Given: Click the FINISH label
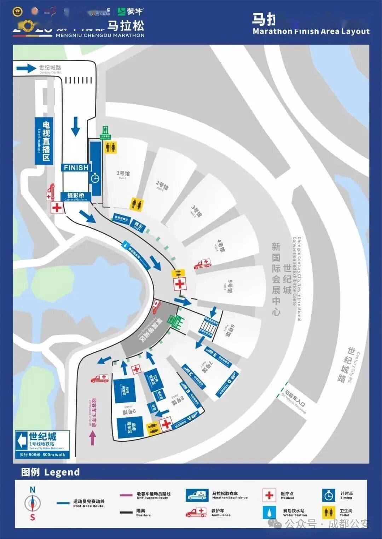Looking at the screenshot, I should (76, 168).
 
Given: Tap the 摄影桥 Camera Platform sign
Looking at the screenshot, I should (76, 197).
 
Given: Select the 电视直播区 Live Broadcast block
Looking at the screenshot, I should (44, 141).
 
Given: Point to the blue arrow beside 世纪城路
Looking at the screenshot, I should (27, 68).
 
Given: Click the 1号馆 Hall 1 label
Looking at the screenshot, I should (123, 174).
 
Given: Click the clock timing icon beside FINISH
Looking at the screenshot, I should (95, 178).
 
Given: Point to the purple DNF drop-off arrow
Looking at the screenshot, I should (92, 439).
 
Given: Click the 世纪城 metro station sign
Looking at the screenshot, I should (42, 444).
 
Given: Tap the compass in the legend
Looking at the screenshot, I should (33, 503).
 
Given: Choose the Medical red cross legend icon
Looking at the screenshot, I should (269, 495).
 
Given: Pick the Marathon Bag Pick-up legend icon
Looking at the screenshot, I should (197, 495).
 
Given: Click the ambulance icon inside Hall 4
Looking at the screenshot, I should (202, 264).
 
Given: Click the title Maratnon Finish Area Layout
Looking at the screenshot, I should (311, 31).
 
